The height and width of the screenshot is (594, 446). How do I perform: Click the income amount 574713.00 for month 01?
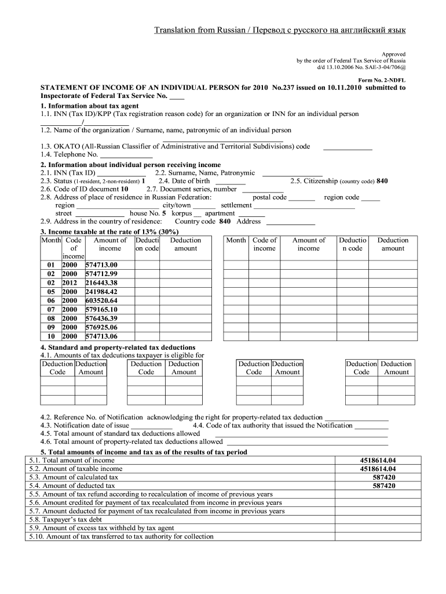[101, 265]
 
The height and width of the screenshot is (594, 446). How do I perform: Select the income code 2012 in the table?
[70, 282]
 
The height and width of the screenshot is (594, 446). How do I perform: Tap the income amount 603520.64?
[101, 300]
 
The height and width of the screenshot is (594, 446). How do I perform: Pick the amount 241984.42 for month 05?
[101, 292]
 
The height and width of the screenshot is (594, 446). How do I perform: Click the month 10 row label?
[51, 336]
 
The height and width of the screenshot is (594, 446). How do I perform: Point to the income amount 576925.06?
[101, 327]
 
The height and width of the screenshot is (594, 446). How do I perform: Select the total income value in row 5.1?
[378, 460]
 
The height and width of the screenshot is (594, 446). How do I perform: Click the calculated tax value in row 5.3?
[384, 477]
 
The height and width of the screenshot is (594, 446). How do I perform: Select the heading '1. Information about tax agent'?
[89, 107]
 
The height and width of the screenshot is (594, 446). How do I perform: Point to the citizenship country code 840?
[382, 181]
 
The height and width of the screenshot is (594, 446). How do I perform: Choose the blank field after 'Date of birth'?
[230, 182]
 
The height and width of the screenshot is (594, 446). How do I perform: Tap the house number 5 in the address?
[164, 213]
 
